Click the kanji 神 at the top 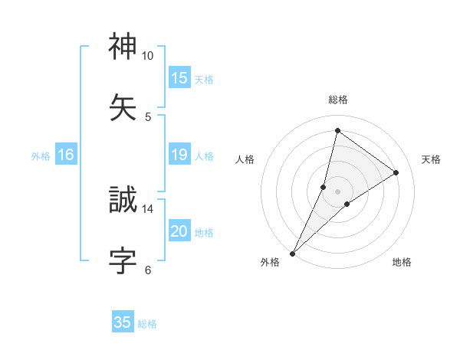[x=123, y=47]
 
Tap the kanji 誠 [x=123, y=200]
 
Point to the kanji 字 [x=123, y=260]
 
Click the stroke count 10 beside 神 [x=147, y=56]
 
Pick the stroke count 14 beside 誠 [x=147, y=208]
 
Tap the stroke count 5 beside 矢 [x=148, y=116]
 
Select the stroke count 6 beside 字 [x=148, y=270]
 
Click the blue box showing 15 [x=179, y=78]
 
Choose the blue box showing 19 [x=179, y=155]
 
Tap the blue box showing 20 [x=179, y=231]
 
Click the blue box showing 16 [x=66, y=155]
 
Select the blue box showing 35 [x=123, y=322]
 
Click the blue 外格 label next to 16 [x=41, y=156]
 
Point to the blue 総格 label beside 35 [x=147, y=324]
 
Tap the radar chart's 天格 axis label [x=431, y=159]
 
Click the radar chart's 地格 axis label [x=402, y=262]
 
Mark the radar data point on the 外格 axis [x=293, y=253]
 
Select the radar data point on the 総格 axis [x=337, y=130]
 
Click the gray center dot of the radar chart [x=337, y=191]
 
